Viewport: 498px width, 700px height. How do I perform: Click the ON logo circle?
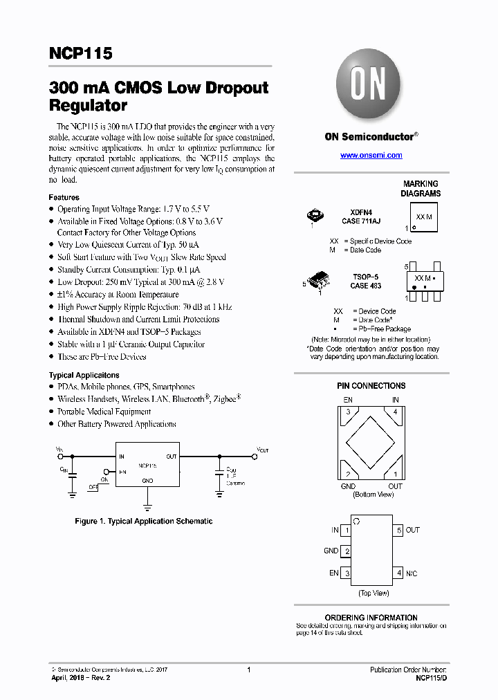point(370,85)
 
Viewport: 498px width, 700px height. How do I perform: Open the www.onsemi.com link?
point(371,156)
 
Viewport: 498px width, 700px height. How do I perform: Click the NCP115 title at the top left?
point(80,54)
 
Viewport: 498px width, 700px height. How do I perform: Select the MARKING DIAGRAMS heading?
point(421,189)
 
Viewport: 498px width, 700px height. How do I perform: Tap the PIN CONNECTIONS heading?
point(372,386)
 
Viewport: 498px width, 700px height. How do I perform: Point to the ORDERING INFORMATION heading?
point(371,618)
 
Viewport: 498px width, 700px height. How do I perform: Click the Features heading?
point(64,197)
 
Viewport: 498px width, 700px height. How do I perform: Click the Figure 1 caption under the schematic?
point(143,521)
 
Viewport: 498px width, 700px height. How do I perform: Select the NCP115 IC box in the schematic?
point(147,465)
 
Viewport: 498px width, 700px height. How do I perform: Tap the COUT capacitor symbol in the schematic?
point(219,472)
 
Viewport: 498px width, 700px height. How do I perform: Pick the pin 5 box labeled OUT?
point(398,531)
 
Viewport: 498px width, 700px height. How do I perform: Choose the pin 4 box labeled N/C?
point(398,573)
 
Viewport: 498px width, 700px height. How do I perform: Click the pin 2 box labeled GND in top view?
point(347,551)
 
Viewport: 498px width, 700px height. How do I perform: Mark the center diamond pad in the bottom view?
point(372,442)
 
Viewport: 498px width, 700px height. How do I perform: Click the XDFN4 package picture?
point(315,217)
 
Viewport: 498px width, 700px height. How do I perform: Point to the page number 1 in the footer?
point(248,670)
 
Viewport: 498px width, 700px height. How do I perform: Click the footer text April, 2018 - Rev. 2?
point(80,678)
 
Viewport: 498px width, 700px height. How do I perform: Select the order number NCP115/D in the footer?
point(431,679)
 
